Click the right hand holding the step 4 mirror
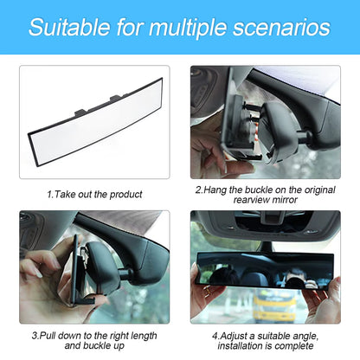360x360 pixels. pyautogui.click(x=322, y=294)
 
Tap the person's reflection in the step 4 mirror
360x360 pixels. pyautogui.click(x=294, y=279)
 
